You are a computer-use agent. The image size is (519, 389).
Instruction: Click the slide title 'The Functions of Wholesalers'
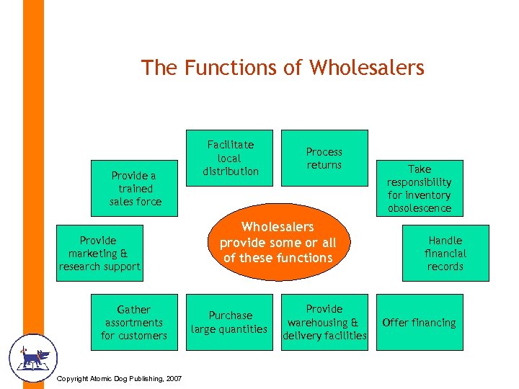283,68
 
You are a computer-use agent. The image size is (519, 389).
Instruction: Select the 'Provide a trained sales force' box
135,188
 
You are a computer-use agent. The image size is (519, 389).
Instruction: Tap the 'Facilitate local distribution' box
230,158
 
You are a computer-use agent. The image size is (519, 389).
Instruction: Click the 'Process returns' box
324,158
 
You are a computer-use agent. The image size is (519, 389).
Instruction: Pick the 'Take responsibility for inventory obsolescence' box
419,188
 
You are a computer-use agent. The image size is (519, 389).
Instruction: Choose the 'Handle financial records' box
445,253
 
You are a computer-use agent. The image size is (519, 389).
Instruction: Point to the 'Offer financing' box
419,323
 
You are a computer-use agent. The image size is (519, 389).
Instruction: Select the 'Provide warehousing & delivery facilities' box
324,322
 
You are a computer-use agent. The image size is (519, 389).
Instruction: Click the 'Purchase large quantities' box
230,322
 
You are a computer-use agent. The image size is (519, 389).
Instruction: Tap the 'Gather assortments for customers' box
134,322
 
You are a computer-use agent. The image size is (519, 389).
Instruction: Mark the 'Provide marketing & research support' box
99,253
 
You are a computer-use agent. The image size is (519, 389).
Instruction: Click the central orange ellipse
278,242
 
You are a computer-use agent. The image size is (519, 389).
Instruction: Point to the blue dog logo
32,357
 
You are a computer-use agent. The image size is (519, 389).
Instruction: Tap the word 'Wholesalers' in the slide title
367,68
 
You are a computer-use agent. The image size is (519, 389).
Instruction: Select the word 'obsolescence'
419,208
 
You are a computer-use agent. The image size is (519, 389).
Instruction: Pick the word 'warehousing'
318,323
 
